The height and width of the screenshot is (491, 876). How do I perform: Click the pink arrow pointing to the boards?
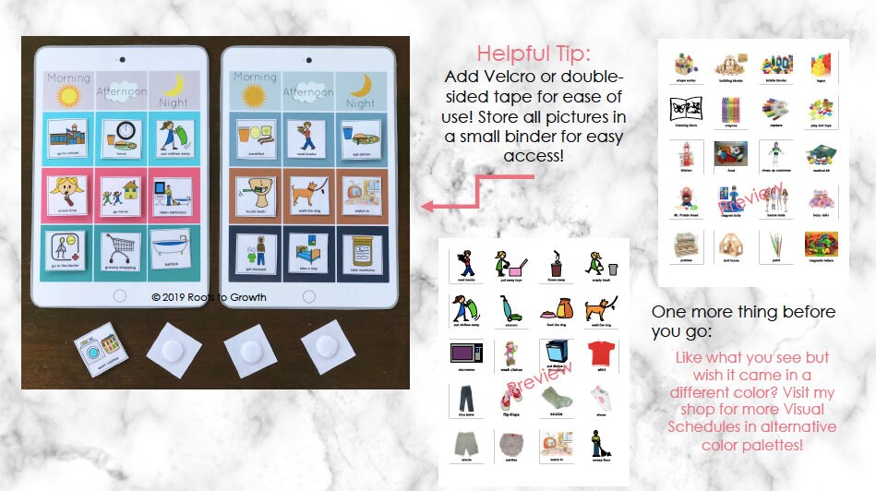(x=462, y=198)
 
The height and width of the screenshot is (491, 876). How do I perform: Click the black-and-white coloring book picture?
(x=685, y=111)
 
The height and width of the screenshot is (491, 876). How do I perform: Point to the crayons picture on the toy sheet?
(x=729, y=111)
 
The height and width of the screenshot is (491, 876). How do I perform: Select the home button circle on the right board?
(x=309, y=295)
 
